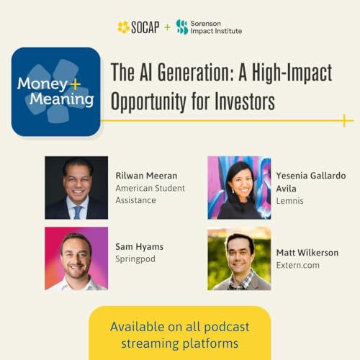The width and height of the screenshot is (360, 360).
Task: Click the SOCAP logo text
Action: point(145,27)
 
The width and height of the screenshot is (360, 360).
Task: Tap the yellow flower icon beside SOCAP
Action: point(124,27)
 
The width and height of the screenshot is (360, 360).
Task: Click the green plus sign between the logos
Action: point(168,27)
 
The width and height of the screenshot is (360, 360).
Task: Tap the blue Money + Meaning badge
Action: point(55,91)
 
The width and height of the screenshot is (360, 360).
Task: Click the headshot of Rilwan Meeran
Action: point(76,187)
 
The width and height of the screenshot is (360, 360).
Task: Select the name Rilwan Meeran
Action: point(147,175)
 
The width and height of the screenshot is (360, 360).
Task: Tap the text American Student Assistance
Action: point(150,194)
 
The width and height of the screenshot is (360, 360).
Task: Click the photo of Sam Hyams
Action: point(76,258)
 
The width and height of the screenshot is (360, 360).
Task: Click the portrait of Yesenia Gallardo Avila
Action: point(239,187)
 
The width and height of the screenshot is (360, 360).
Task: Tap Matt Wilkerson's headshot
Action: point(239,258)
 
